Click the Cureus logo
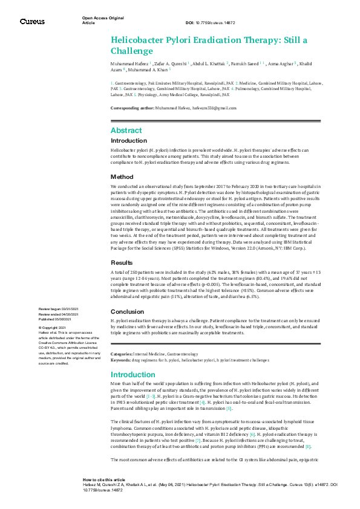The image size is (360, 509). click(31, 22)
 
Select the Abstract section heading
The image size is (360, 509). click(126, 131)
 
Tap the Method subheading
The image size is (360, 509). click(122, 177)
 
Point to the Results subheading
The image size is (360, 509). click(123, 263)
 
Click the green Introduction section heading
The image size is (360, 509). click(133, 375)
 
